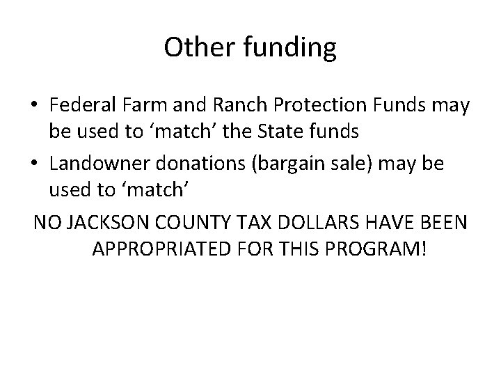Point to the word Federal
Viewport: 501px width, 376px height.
[x=82, y=106]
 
